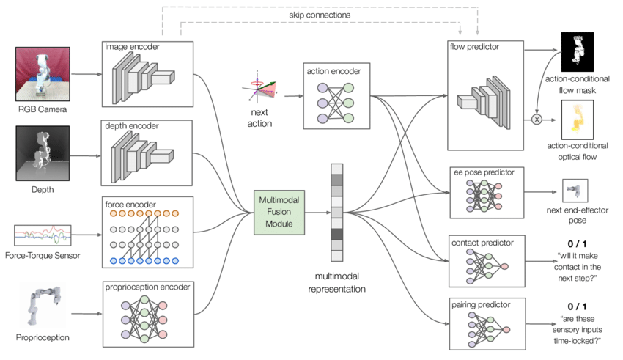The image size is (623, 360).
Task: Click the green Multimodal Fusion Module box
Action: pos(279,212)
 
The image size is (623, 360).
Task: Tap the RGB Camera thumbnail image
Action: pos(43,74)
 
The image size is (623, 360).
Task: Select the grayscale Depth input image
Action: pos(43,153)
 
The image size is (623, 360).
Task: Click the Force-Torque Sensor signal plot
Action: pos(43,235)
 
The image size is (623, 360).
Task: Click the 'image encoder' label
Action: pos(132,47)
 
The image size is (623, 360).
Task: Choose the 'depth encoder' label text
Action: pos(131,126)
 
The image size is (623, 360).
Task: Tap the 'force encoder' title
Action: pos(130,205)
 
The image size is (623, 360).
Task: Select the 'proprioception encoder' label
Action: pos(147,287)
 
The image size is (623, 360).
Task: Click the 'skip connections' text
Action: pos(320,15)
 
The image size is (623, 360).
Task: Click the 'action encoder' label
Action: pos(333,71)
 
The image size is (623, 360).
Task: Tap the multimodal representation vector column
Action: pos(337,213)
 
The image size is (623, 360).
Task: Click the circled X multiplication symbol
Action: pos(537,120)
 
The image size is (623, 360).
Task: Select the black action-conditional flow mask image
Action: pos(578,52)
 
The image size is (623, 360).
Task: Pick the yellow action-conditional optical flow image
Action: pos(578,120)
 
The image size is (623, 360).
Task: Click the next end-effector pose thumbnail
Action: pos(575,191)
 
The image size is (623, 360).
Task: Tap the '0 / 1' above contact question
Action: pos(577,244)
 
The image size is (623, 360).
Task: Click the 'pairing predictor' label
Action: pos(481,305)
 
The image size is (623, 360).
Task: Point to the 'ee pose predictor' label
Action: pos(484,172)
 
